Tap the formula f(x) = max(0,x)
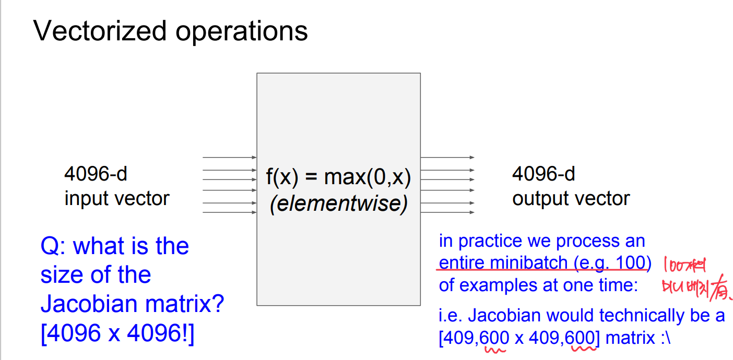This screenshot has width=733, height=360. coord(338,178)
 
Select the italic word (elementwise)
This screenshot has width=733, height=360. coord(338,203)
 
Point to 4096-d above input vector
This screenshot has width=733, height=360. coord(96,174)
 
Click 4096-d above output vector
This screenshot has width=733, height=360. coord(543,174)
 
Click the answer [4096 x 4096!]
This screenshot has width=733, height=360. coord(117,333)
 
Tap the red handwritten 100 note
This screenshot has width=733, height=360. coord(685,267)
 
